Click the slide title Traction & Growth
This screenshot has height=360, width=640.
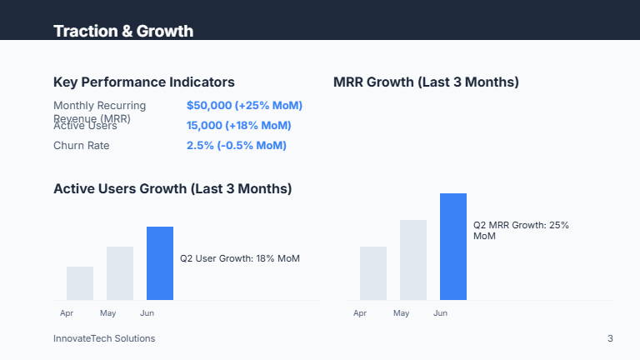(x=123, y=32)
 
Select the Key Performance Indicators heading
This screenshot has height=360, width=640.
(x=143, y=82)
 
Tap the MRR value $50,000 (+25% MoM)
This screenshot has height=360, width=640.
(x=244, y=106)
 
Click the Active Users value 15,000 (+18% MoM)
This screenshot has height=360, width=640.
(x=238, y=126)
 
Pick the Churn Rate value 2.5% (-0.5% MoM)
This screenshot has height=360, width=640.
(x=236, y=146)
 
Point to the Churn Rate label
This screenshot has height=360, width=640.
(x=82, y=146)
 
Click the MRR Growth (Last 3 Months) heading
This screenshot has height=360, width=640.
(x=426, y=82)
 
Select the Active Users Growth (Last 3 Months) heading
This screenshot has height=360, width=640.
(x=172, y=188)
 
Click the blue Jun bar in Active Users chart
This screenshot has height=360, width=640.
(x=160, y=263)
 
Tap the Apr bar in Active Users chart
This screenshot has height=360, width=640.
(x=80, y=283)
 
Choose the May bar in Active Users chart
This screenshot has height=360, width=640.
(x=120, y=273)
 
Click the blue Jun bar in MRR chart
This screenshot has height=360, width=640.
(x=453, y=247)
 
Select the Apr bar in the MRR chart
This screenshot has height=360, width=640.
(x=373, y=273)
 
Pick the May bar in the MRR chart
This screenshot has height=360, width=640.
(x=413, y=260)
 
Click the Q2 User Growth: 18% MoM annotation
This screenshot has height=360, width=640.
(x=240, y=258)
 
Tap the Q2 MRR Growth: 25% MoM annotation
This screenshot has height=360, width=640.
(x=521, y=231)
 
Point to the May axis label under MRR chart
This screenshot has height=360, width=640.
(x=402, y=313)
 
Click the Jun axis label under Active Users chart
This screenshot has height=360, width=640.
(x=147, y=313)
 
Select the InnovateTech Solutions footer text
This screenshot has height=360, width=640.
(x=104, y=338)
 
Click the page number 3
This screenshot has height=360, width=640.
(x=610, y=338)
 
